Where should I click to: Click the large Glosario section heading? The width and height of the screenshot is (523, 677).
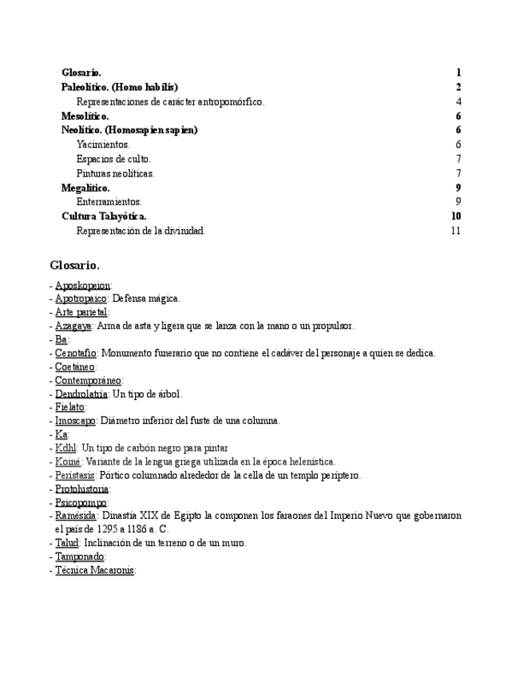click(74, 265)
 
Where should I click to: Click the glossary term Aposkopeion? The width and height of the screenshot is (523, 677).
click(82, 285)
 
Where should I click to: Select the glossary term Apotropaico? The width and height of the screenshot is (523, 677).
click(81, 299)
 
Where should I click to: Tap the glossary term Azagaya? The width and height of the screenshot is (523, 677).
click(73, 326)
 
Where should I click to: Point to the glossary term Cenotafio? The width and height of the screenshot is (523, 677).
click(76, 353)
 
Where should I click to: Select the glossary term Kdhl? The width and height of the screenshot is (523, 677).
click(65, 448)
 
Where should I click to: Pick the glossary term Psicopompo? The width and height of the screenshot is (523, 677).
click(81, 502)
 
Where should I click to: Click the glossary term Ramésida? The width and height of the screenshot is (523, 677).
click(76, 516)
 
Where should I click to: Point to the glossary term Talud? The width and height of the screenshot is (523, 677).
click(67, 543)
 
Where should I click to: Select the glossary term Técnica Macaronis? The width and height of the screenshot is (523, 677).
click(94, 570)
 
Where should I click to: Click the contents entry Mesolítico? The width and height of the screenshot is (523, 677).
click(85, 116)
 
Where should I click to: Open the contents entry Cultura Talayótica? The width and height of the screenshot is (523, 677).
click(104, 216)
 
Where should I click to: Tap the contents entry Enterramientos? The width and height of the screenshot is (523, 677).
click(109, 202)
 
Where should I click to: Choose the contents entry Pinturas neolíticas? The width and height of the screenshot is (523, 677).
click(115, 173)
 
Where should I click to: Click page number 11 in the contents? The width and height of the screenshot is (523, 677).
click(456, 231)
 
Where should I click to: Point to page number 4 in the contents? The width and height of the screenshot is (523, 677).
click(459, 101)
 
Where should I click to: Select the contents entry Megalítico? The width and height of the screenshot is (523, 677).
click(85, 188)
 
